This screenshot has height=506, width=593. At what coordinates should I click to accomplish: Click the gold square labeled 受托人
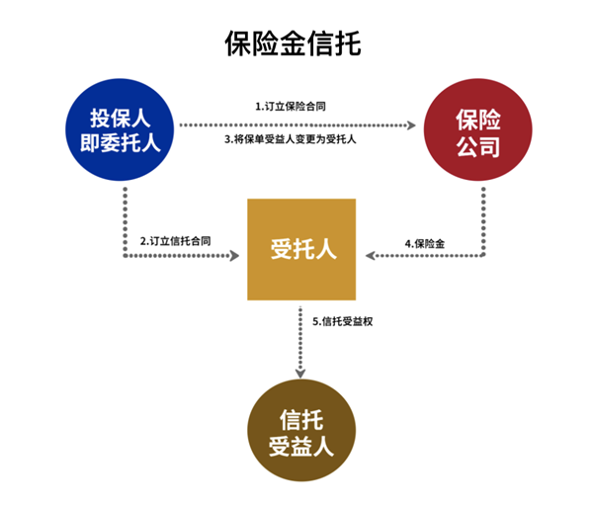click(x=301, y=248)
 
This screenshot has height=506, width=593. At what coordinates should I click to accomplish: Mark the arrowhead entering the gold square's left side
click(x=235, y=255)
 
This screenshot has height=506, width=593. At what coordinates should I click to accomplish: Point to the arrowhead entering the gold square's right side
click(x=368, y=255)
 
